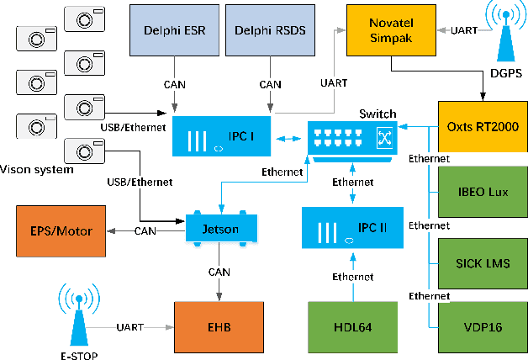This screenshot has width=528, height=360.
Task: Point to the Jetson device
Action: [x=220, y=228]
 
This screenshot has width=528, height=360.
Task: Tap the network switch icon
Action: [x=351, y=138]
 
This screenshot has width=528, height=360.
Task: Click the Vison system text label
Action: [x=38, y=169]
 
